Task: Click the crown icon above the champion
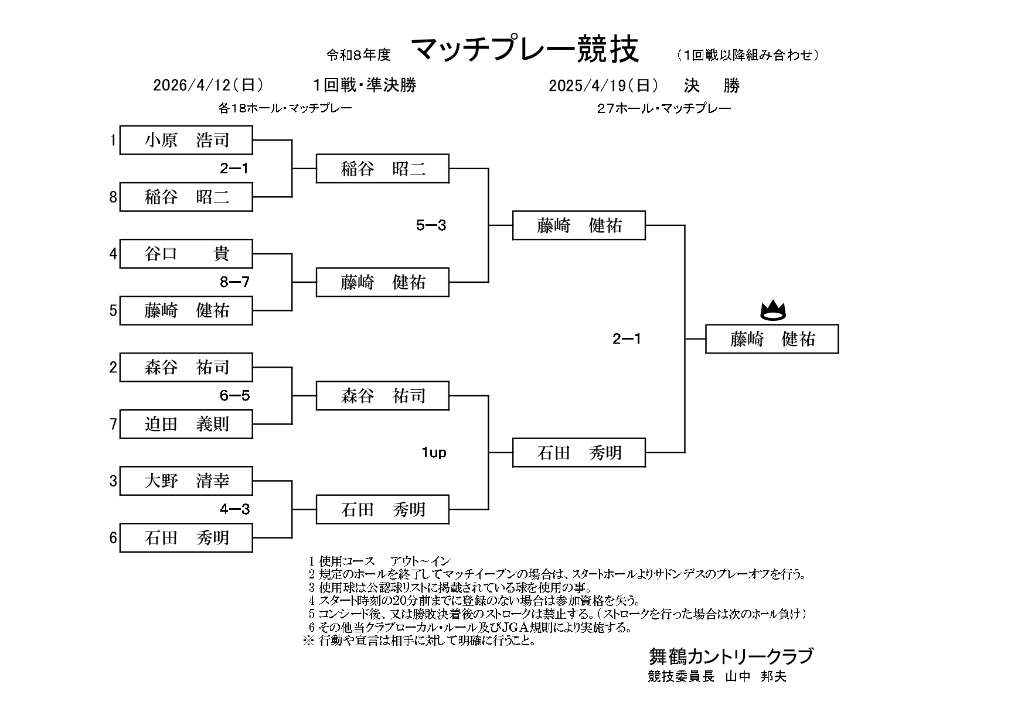(x=772, y=310)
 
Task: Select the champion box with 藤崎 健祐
(x=772, y=339)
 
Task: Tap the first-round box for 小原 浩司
(x=186, y=140)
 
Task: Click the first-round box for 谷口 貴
(x=186, y=254)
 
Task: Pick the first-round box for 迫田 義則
(x=186, y=424)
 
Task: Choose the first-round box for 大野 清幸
(x=186, y=481)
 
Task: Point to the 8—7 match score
(x=234, y=282)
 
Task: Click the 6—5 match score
(x=234, y=396)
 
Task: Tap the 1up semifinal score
(x=434, y=453)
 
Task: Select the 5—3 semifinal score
(x=431, y=225)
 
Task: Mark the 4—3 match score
(x=234, y=509)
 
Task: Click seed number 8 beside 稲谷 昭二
(x=113, y=197)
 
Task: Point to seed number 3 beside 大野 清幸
(x=113, y=481)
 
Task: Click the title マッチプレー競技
(x=525, y=50)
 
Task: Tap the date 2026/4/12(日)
(x=208, y=85)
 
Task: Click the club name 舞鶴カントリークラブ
(x=730, y=656)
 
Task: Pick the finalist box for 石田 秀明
(x=579, y=453)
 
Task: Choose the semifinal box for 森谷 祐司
(x=383, y=396)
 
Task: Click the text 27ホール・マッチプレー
(x=664, y=108)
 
